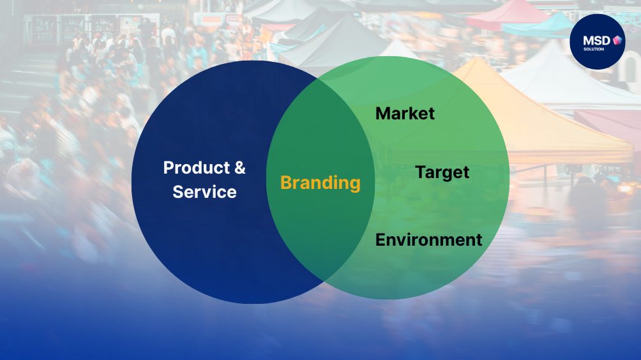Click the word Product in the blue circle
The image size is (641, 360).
(197, 168)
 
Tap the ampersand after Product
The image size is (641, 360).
(240, 167)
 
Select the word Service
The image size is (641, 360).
(204, 191)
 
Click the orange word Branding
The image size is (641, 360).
(320, 183)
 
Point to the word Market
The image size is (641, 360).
(405, 113)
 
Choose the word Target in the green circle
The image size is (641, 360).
(442, 173)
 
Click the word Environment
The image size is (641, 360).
(429, 240)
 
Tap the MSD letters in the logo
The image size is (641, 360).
(596, 40)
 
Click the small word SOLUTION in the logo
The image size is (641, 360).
(594, 49)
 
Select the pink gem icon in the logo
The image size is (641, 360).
(617, 40)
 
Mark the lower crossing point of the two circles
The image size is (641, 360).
(324, 281)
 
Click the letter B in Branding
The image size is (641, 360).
(287, 183)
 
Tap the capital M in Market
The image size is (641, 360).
(384, 114)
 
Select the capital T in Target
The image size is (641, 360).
(421, 172)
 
